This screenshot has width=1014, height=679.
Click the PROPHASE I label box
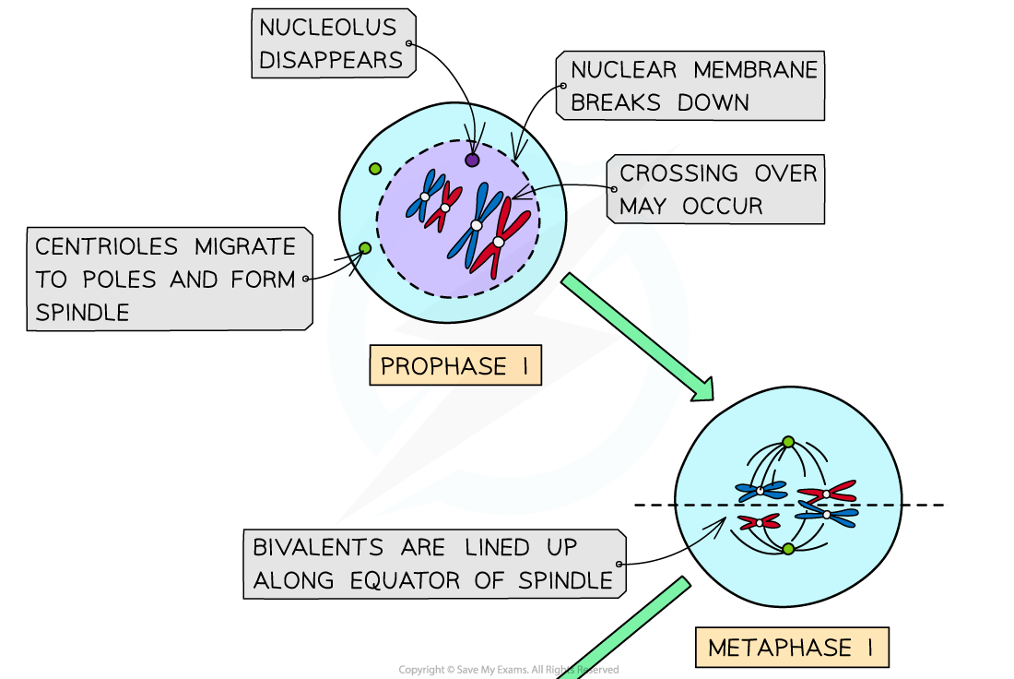tap(454, 366)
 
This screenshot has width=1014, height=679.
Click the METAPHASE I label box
tap(792, 648)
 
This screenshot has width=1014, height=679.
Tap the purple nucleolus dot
tap(472, 160)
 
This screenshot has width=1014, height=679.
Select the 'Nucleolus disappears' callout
tap(332, 43)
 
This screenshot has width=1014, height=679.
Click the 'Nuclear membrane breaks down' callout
tap(690, 86)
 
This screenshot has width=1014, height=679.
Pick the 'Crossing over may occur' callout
tap(716, 189)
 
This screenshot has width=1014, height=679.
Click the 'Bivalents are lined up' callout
tap(433, 564)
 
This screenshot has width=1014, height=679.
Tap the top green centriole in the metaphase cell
tap(788, 442)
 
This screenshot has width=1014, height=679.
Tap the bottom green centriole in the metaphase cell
tap(788, 549)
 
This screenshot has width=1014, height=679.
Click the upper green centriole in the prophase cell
tap(375, 169)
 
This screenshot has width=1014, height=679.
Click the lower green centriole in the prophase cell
tap(365, 247)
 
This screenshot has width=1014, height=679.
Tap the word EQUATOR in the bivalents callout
tap(404, 580)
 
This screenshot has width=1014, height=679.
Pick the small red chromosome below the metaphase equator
tap(759, 522)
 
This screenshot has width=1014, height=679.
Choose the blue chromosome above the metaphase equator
tap(760, 491)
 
